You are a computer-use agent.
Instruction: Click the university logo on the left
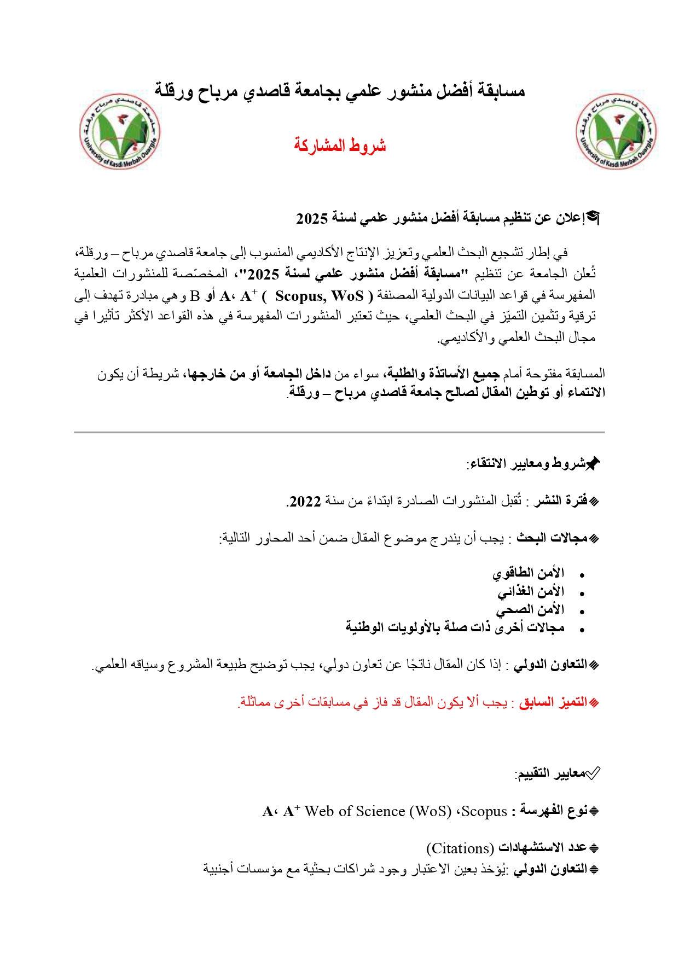[x=120, y=132]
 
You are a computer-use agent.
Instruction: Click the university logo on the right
[x=616, y=132]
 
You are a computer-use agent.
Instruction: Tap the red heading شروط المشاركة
[x=340, y=146]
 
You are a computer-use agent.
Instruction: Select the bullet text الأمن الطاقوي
[x=528, y=573]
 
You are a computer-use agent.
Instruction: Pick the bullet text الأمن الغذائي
[x=531, y=592]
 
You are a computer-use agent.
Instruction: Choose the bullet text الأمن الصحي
[x=530, y=610]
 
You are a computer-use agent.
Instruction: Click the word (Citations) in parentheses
[x=460, y=848]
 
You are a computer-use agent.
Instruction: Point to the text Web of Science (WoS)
[x=378, y=811]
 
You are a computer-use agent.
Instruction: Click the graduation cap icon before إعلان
[x=593, y=218]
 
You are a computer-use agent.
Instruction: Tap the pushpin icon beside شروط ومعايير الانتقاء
[x=593, y=464]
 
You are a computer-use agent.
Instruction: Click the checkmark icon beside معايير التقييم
[x=593, y=773]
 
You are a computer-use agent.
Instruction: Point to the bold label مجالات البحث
[x=552, y=538]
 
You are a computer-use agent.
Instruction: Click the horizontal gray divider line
[x=339, y=432]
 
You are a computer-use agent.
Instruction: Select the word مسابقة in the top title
[x=501, y=90]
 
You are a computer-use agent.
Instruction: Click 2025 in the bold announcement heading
[x=311, y=218]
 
